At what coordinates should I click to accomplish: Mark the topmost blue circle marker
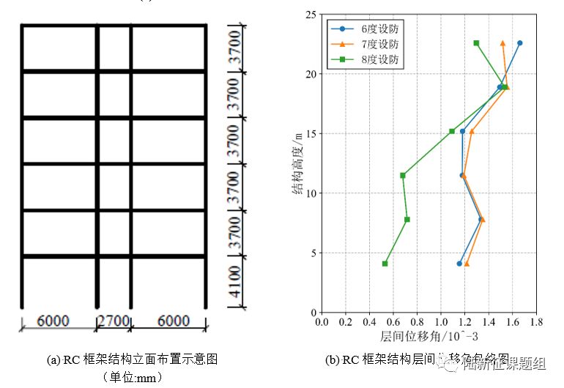(520, 43)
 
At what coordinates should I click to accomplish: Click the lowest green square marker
(385, 264)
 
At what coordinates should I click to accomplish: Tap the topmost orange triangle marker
(502, 43)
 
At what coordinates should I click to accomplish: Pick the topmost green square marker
(476, 43)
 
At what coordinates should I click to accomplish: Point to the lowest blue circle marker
(459, 264)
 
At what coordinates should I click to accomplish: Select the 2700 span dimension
(114, 321)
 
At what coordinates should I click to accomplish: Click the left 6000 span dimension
(53, 321)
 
